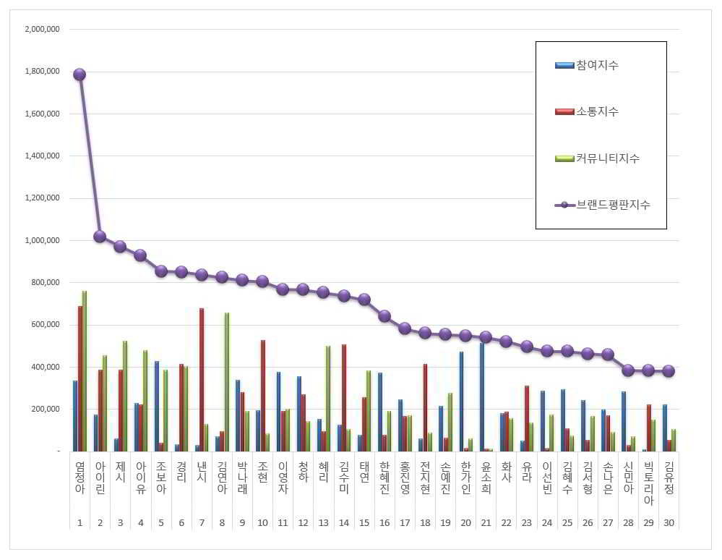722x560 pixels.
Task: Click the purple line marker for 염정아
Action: [x=79, y=75]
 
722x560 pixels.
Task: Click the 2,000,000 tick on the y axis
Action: [x=42, y=29]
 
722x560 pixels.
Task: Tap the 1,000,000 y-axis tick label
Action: [x=42, y=240]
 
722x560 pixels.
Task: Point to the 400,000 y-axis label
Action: [x=45, y=367]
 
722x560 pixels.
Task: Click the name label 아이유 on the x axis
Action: [x=140, y=479]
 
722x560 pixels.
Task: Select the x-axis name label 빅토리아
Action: [x=648, y=484]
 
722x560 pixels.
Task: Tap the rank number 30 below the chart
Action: [x=669, y=522]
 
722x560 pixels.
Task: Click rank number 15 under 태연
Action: [x=364, y=522]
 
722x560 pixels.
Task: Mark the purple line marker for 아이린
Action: [x=100, y=236]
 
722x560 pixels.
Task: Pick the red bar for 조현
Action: [x=263, y=396]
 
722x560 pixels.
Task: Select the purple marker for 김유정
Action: [x=669, y=370]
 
